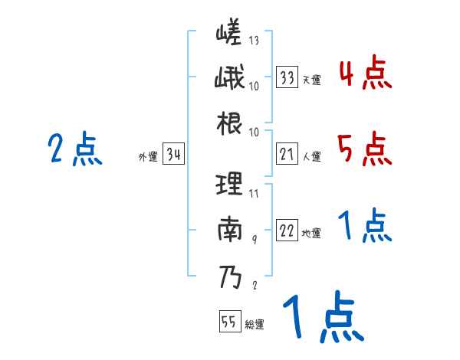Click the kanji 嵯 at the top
tap(229, 36)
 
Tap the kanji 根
tap(229, 123)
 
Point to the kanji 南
tap(230, 231)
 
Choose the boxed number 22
tap(287, 232)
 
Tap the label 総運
tap(255, 324)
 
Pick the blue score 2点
tap(75, 149)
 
